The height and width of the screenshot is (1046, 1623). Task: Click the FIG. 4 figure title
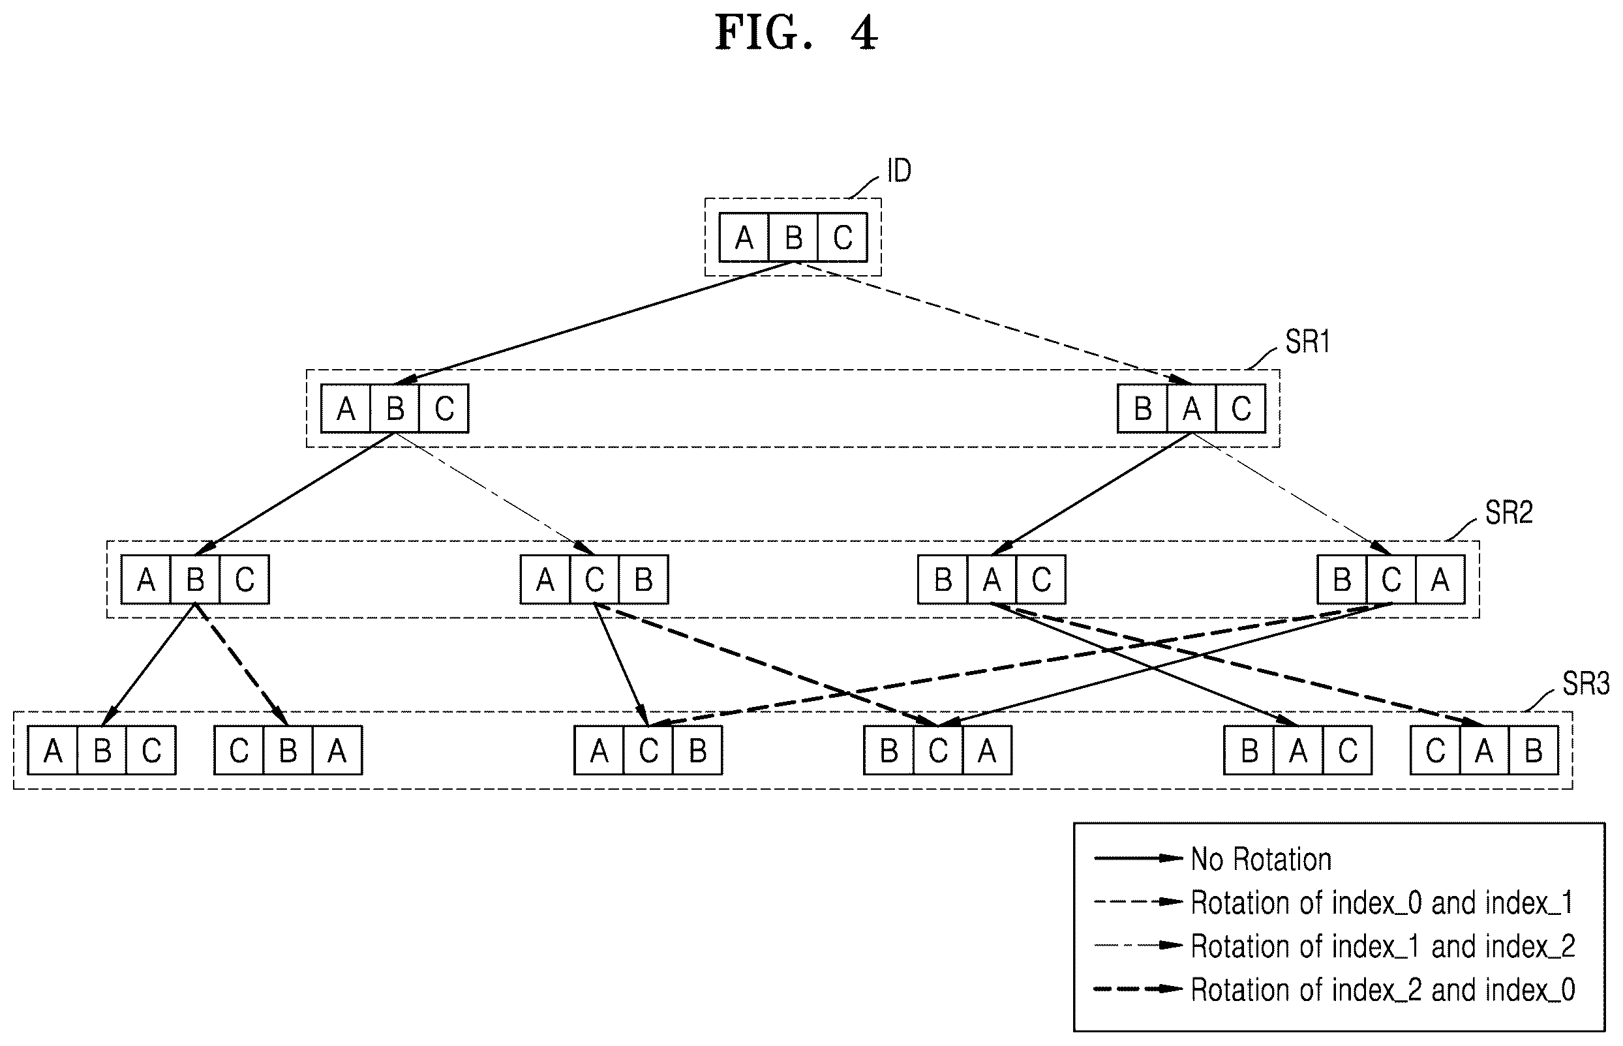796,33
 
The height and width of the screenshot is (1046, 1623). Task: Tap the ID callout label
899,170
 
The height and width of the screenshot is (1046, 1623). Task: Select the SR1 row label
1307,342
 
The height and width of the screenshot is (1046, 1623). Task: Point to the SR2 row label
1509,513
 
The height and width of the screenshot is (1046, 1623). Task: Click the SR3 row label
1586,684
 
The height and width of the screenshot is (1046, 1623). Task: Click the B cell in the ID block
793,238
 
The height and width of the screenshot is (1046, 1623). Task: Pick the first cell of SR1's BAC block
1143,409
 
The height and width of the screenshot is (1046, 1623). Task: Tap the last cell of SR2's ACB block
643,580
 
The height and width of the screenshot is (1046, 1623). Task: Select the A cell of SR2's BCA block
1440,580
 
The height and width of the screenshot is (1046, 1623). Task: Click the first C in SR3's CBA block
239,751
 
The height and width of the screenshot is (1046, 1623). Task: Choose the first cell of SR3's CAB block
1435,751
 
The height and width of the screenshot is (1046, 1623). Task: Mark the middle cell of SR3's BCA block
937,751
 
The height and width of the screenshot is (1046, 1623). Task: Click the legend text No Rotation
1261,860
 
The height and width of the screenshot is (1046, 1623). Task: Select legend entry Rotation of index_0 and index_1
1382,903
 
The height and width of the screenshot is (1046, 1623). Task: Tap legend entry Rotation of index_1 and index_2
1382,947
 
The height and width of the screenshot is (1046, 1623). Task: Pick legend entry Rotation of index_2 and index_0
1382,991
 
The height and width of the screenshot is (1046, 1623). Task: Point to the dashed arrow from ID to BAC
993,323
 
